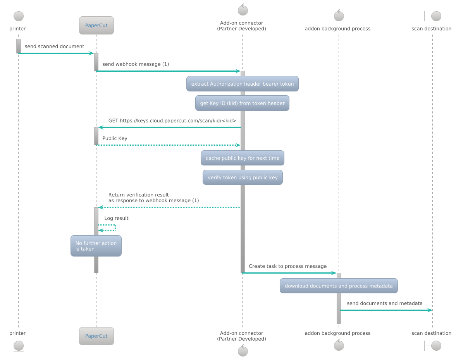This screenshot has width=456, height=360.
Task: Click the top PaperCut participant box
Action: coord(96,26)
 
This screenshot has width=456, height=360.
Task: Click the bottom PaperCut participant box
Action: coord(96,336)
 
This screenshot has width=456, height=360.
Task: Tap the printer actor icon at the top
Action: coord(18,17)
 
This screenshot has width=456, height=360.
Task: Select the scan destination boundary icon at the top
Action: coord(432,16)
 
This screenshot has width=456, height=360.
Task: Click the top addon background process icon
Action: coord(339,16)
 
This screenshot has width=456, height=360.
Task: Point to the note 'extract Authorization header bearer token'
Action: coord(243,84)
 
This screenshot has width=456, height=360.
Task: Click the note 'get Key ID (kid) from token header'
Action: coord(242,103)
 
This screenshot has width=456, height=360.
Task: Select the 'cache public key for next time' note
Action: coord(243,158)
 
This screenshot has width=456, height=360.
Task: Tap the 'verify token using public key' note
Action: coord(243,177)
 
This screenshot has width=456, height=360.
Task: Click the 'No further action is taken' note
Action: coord(96,246)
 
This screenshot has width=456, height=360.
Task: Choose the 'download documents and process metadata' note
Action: coord(339,286)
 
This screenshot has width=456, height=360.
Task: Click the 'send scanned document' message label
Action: coord(54,47)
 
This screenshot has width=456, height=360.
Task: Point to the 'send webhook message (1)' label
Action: coord(136,64)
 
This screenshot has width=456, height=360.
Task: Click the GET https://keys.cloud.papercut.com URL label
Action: coord(172,121)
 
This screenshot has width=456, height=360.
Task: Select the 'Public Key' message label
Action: coord(115,138)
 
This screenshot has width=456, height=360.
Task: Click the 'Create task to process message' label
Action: coord(287,266)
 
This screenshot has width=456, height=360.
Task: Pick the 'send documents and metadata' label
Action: coord(385,303)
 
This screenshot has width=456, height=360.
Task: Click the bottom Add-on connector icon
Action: coord(243,351)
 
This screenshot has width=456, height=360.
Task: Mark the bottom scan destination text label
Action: coord(431,333)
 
